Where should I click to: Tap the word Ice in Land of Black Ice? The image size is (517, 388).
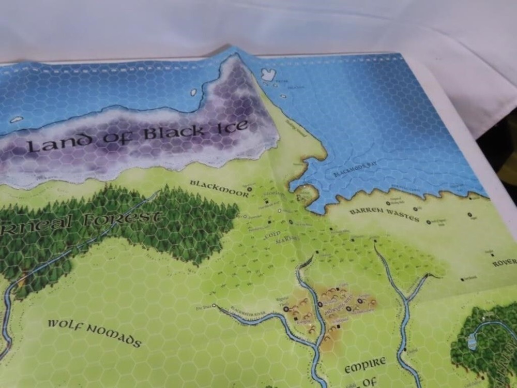pos(232,127)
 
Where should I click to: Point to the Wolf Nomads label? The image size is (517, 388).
pos(94,333)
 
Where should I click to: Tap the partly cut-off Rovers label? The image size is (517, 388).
pos(504,263)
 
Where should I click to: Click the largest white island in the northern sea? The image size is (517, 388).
pos(268,74)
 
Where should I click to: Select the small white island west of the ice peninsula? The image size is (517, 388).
pos(194,93)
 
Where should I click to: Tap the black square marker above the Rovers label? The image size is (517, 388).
pos(493,255)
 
